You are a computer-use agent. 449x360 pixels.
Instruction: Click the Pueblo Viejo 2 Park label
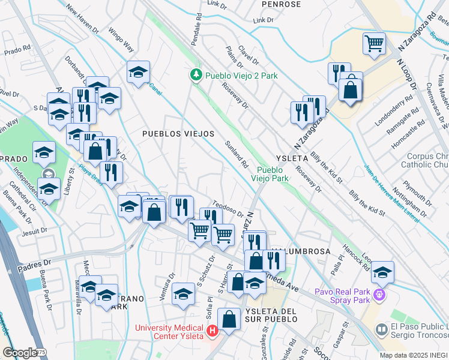coord(241,76)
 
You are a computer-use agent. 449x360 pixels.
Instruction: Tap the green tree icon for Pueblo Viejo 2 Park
coord(195,75)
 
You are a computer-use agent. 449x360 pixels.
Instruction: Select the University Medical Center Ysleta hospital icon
coord(212,331)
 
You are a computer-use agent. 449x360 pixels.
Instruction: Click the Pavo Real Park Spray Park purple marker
coord(379,295)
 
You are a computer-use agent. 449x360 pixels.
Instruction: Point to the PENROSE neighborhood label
coord(281,4)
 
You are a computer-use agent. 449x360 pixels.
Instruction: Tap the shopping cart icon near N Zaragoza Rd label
coord(373,44)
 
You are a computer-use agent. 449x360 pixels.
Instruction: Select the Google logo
coord(20,353)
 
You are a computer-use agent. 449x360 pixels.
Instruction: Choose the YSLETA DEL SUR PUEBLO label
coord(271,311)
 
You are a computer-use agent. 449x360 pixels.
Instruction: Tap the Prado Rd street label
coord(17,50)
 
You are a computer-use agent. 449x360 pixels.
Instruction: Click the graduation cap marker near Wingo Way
coord(138,72)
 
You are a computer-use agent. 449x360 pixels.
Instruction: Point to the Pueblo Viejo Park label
coord(273,174)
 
